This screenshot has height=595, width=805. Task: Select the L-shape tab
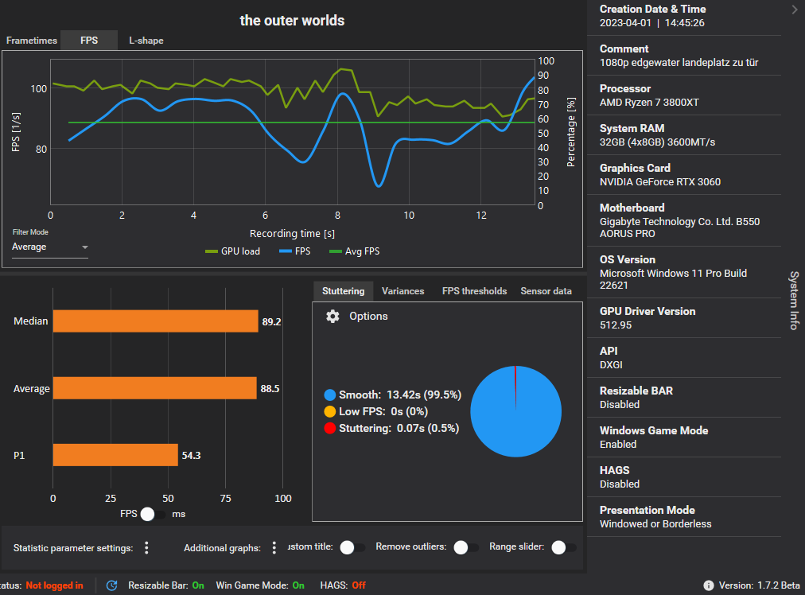[x=146, y=40]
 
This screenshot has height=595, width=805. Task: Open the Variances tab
[x=402, y=291]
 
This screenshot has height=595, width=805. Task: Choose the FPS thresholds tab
[x=474, y=291]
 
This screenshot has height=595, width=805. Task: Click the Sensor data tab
[x=546, y=291]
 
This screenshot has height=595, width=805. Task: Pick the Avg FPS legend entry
[x=354, y=251]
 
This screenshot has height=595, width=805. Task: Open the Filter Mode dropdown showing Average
[x=49, y=247]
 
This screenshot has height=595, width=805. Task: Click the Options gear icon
[x=333, y=317]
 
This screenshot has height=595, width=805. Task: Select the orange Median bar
[x=155, y=321]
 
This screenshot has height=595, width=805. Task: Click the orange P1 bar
[x=115, y=455]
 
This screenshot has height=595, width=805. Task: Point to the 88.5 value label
[x=270, y=389]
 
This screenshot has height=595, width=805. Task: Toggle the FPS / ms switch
[x=152, y=514]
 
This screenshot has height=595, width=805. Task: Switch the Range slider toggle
[x=563, y=547]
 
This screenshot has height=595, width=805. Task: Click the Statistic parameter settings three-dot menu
[x=146, y=548]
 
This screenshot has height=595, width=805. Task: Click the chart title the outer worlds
[x=292, y=20]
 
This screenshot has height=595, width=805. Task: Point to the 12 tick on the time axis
[x=480, y=216]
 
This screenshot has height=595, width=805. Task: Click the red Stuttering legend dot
[x=330, y=429]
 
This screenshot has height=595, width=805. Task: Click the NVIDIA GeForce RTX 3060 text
[x=659, y=181]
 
